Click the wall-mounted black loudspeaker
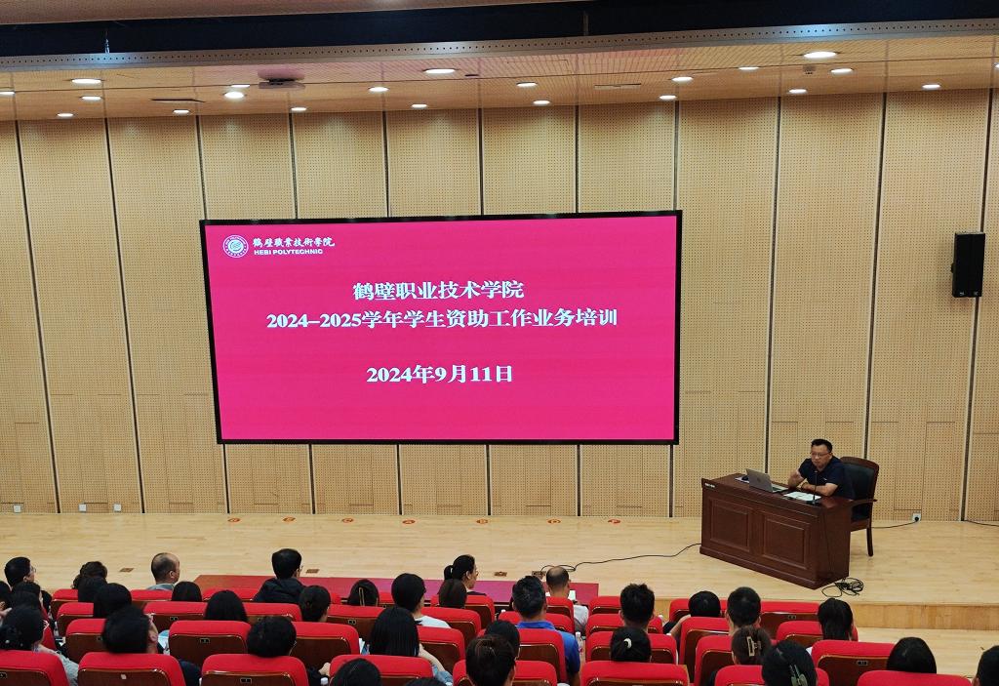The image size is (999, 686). pos(968,264)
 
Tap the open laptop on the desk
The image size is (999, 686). pos(761,481)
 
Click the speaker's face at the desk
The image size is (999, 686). pos(820,455)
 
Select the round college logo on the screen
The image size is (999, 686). pos(235,246)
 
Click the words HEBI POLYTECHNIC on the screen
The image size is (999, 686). pos(288,252)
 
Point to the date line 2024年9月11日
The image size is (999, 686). pos(440,374)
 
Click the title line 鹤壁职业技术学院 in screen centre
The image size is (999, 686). pos(438,290)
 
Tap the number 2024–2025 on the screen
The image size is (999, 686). pos(313,319)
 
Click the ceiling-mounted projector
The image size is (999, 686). pos(281,80)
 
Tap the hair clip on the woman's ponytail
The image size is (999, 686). pos(754,644)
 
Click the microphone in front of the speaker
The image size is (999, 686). pos(814,486)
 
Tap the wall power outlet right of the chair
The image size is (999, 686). pos(916,516)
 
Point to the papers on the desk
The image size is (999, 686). pos(799,495)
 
